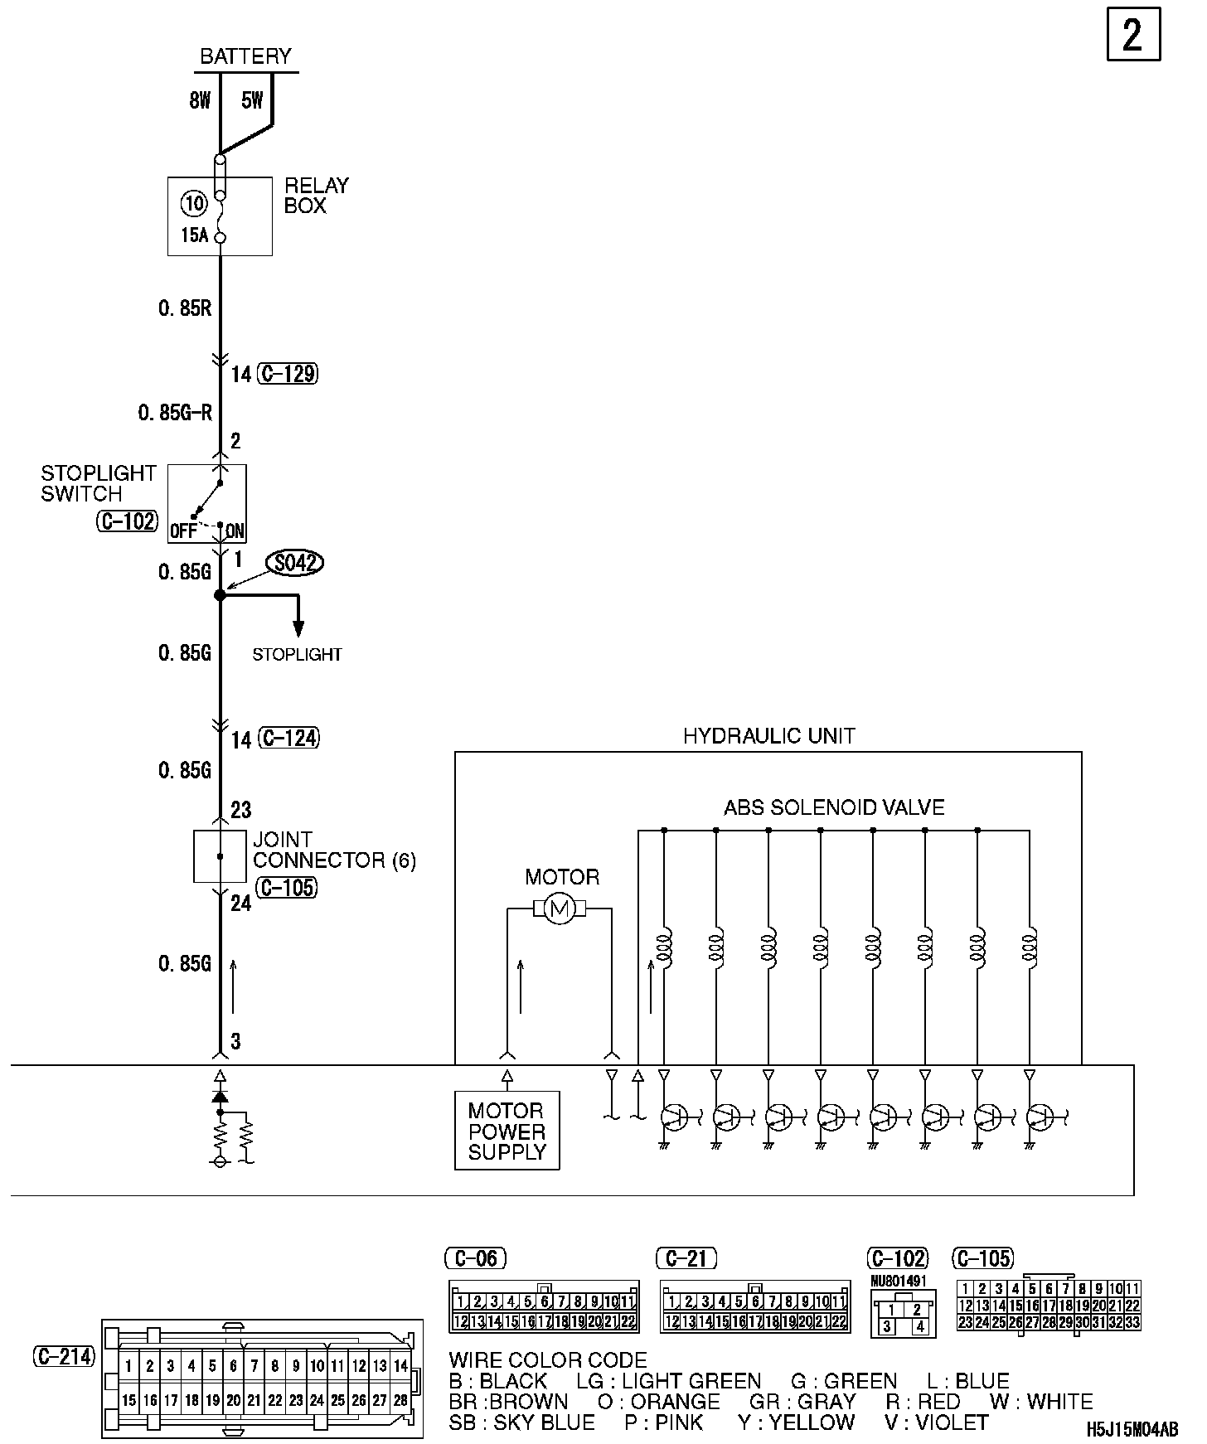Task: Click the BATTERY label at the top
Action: [x=246, y=56]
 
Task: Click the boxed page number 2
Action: [x=1132, y=35]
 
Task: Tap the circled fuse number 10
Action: [x=194, y=203]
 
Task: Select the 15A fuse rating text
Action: [x=194, y=235]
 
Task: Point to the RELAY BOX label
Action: [x=316, y=196]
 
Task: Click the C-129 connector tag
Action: [x=288, y=374]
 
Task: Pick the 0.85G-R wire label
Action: [x=176, y=413]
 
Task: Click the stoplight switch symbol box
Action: [x=207, y=503]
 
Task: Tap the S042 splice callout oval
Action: [x=294, y=564]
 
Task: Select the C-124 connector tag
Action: [x=288, y=738]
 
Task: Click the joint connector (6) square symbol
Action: [x=220, y=856]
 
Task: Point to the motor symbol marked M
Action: [x=560, y=909]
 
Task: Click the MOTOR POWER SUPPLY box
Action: [x=507, y=1131]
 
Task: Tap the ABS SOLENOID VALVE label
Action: [x=834, y=807]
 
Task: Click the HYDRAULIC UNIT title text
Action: [x=768, y=736]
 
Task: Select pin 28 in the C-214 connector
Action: [x=401, y=1400]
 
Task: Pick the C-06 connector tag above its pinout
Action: [x=476, y=1258]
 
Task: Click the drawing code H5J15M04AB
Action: [x=1132, y=1430]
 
